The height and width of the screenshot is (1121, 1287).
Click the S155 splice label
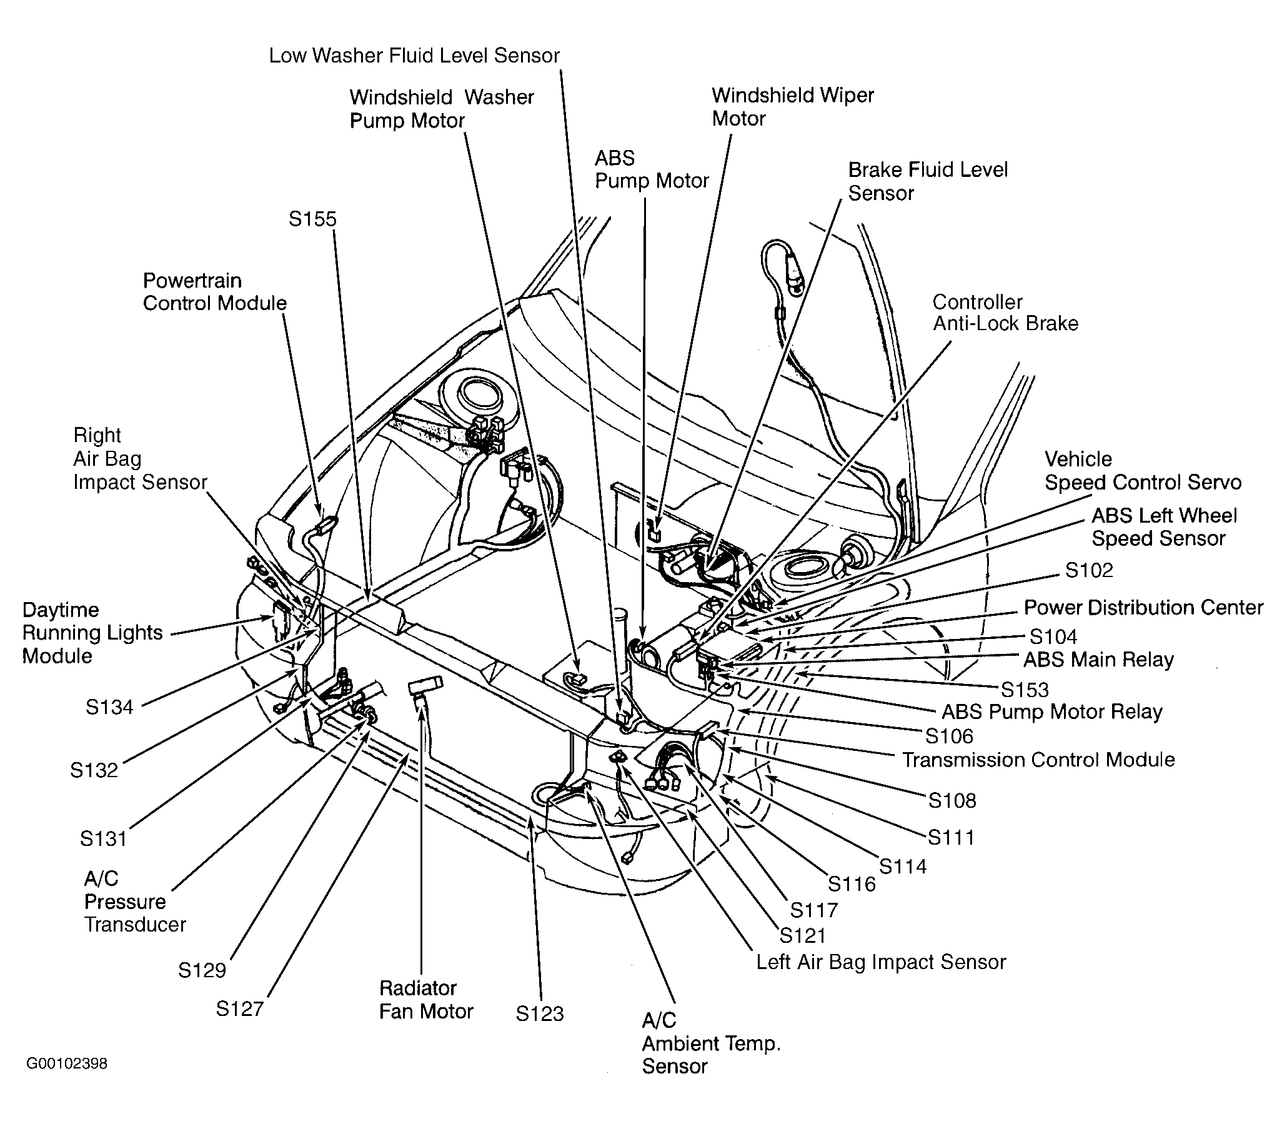coord(312,219)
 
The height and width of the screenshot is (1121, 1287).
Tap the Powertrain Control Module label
coord(214,291)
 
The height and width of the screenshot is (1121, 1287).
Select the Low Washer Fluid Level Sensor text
coord(414,56)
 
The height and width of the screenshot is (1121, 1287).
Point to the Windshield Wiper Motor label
coord(793,107)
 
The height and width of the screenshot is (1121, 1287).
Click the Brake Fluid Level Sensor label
coord(928,181)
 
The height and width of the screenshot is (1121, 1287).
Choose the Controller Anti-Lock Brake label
coord(1005,313)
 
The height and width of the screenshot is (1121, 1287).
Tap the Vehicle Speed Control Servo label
coord(1143,471)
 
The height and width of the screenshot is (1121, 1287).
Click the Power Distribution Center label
coord(1143,608)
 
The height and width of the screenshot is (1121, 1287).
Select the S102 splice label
coord(1089,570)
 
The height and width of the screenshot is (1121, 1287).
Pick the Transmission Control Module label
coord(1038,760)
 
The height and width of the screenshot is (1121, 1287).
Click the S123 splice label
coord(539,1013)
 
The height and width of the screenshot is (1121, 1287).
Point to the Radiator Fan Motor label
coord(426,1000)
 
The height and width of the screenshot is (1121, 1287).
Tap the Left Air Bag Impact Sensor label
coord(881,962)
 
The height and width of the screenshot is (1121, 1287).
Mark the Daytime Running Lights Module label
coord(92,633)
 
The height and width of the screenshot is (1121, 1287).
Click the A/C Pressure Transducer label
coord(135,902)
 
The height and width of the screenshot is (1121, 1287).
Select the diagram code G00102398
coord(67,1063)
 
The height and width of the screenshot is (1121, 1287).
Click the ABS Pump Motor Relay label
coord(1051,711)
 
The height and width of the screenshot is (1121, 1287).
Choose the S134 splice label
coord(109,707)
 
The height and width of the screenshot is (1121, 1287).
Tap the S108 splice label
coord(952,800)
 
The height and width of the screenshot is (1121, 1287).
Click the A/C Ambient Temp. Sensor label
coord(712,1043)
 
